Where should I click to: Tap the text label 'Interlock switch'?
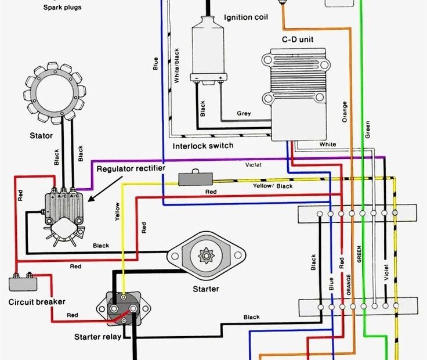(203, 145)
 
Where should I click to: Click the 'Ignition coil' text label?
(246, 17)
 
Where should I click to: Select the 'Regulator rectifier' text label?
(131, 168)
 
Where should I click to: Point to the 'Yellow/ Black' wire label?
(272, 186)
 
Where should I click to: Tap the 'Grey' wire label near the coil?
(244, 113)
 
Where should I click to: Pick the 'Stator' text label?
(41, 136)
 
